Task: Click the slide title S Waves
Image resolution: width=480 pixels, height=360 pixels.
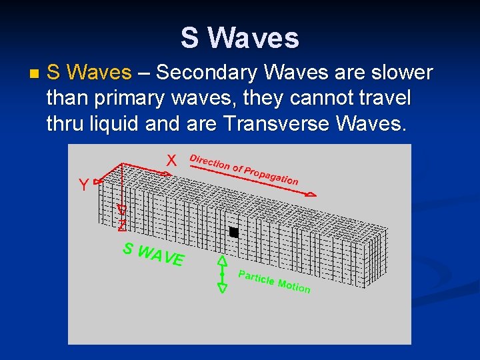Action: click(x=239, y=38)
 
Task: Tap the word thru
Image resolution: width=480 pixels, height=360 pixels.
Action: click(x=65, y=123)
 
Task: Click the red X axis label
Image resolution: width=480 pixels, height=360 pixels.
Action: click(x=171, y=161)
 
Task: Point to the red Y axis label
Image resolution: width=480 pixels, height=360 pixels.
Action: click(x=83, y=185)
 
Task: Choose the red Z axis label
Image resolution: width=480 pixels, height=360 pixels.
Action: click(x=121, y=225)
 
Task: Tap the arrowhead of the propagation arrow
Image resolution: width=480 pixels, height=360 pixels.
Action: click(x=311, y=194)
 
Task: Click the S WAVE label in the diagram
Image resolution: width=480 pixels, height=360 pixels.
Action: click(x=153, y=254)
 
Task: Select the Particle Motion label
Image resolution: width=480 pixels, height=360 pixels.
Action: click(x=274, y=282)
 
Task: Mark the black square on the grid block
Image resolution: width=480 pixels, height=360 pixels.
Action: click(x=233, y=232)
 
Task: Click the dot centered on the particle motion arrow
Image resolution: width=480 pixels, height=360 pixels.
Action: click(x=223, y=274)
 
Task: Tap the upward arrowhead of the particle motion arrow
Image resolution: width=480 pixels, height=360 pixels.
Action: click(x=223, y=261)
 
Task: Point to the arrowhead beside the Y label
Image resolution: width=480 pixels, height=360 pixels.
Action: click(x=98, y=181)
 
